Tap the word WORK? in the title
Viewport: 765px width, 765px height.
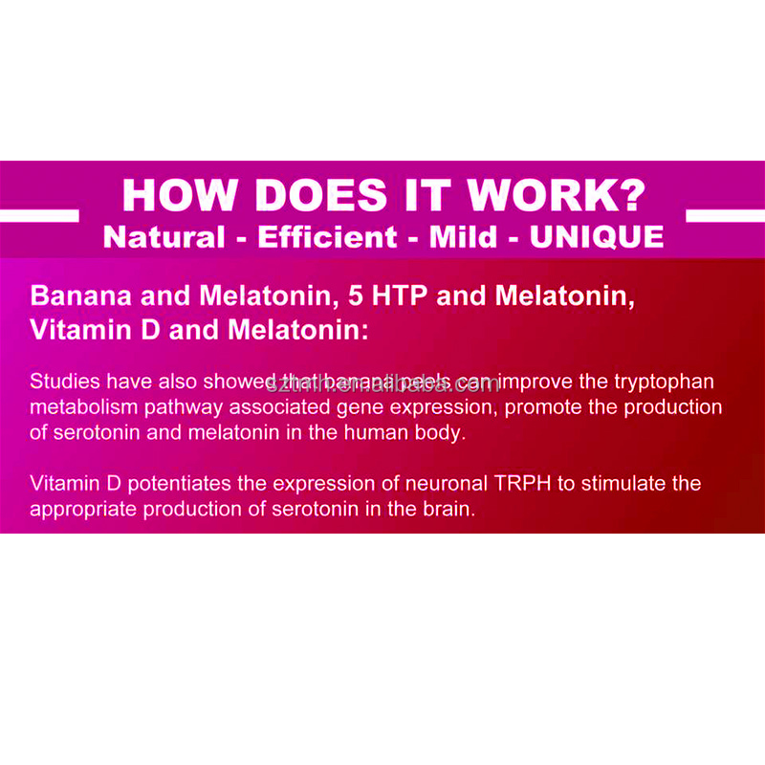pyautogui.click(x=557, y=195)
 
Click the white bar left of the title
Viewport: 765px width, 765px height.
pyautogui.click(x=39, y=215)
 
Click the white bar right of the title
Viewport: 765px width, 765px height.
pyautogui.click(x=725, y=215)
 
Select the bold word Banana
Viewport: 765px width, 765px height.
pyautogui.click(x=73, y=295)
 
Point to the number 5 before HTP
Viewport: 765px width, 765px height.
pyautogui.click(x=356, y=295)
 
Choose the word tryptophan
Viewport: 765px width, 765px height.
pyautogui.click(x=662, y=382)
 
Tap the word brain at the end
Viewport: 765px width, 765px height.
pyautogui.click(x=449, y=509)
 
